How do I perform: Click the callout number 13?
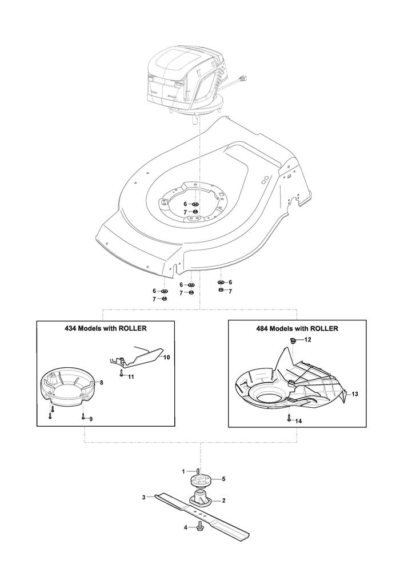tap(355, 394)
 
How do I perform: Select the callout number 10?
tap(166, 357)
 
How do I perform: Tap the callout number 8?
tap(101, 383)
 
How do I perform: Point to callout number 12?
tap(308, 340)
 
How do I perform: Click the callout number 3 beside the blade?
tap(144, 497)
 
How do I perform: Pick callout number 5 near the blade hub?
tap(223, 479)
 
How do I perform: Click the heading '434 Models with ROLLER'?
tap(105, 328)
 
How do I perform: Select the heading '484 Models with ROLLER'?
tap(297, 328)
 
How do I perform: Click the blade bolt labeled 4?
tap(199, 527)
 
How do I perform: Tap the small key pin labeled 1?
tap(197, 471)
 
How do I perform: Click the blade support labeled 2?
tap(201, 499)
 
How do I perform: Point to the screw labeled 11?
tap(121, 372)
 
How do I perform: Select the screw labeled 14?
tap(289, 418)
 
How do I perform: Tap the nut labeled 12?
tap(293, 340)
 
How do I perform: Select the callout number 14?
tap(298, 421)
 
